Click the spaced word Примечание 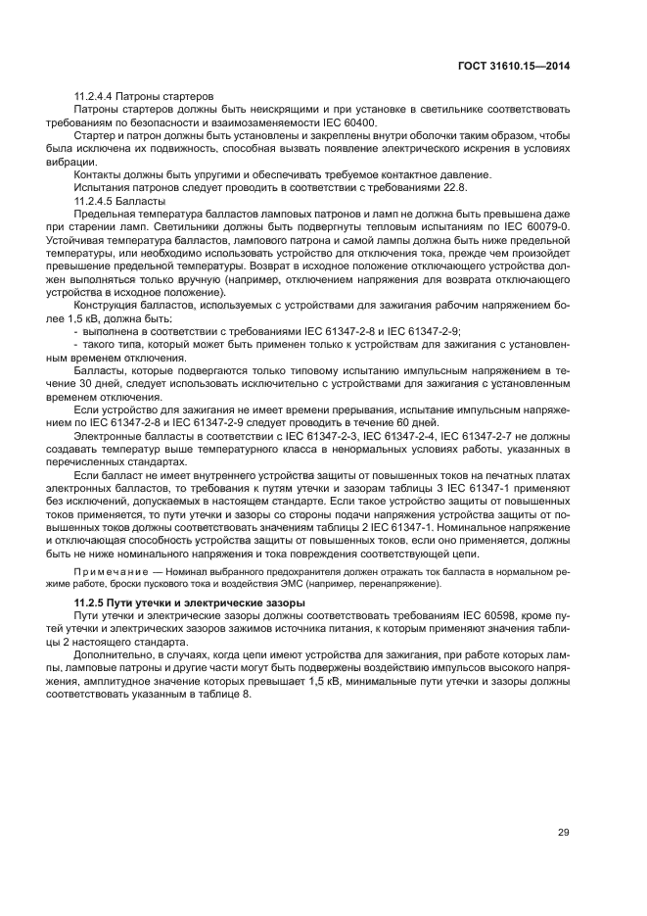point(107,570)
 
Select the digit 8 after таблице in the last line point(248,695)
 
